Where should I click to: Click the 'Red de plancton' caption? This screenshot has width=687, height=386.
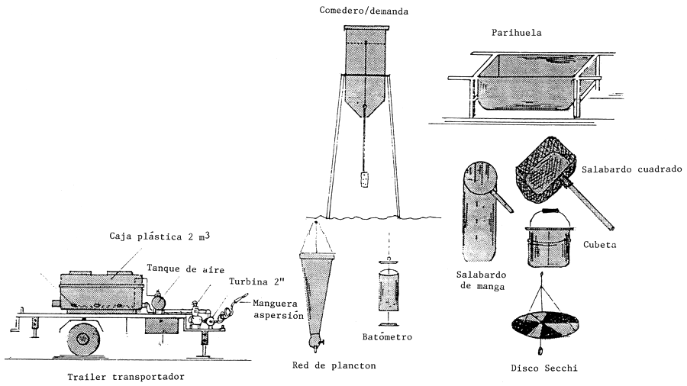tap(334, 365)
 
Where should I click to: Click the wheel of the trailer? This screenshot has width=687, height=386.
tap(84, 336)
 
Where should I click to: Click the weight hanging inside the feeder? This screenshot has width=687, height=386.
tap(365, 180)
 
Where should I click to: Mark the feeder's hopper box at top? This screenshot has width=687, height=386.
tap(366, 50)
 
